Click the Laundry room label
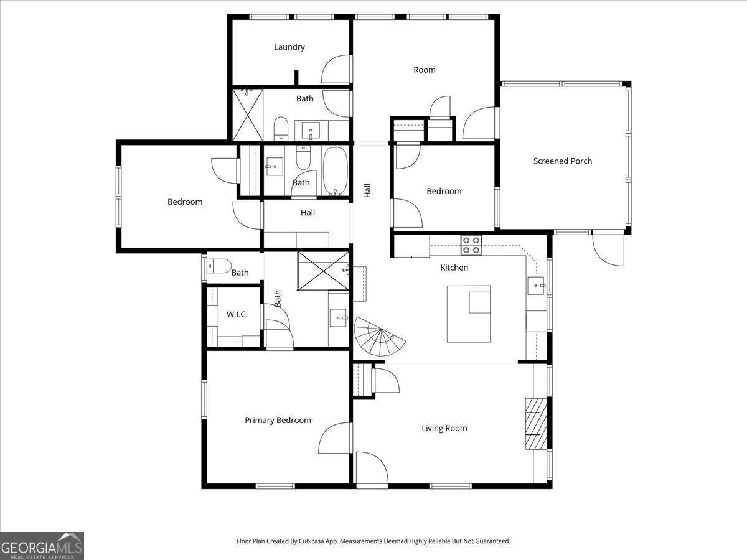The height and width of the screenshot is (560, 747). (x=289, y=47)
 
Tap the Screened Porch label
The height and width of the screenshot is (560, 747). (x=563, y=161)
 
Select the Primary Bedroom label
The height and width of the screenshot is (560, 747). (x=278, y=421)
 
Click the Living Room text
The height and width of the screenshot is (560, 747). (x=444, y=428)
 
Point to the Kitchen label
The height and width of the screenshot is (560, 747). (x=454, y=268)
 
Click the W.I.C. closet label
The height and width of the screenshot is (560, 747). (x=237, y=315)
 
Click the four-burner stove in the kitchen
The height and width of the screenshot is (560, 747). (x=471, y=245)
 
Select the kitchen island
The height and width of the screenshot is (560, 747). (x=468, y=314)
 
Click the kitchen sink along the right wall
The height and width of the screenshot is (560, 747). (x=536, y=286)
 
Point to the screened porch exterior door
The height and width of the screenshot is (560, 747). (x=608, y=249)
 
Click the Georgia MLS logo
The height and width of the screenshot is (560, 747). (x=42, y=546)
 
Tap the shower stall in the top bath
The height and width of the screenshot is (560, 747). (x=248, y=115)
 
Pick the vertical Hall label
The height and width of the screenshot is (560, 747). (x=367, y=190)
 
